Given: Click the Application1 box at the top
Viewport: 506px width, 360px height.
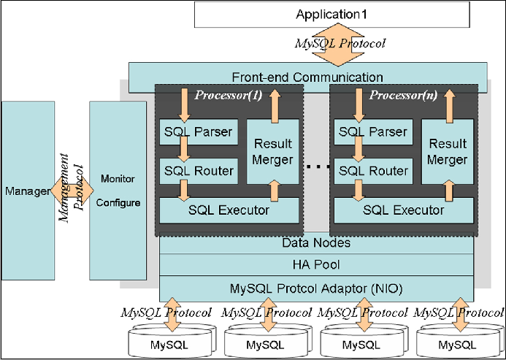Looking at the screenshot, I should (x=332, y=15).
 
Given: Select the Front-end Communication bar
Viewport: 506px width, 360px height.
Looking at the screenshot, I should (x=307, y=77).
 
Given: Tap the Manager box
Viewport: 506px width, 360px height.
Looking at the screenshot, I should (x=28, y=191).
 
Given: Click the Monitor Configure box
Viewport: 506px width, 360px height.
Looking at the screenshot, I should (x=118, y=191).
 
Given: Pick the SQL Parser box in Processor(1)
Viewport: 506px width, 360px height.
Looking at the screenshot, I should (x=196, y=132).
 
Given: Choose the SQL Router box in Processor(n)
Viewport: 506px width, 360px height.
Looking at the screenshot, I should (x=372, y=171).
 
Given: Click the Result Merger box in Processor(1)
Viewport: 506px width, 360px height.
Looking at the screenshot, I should (x=272, y=151).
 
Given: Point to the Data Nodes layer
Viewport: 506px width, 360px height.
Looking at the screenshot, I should (x=316, y=243).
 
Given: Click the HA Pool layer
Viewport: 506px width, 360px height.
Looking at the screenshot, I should (x=316, y=264).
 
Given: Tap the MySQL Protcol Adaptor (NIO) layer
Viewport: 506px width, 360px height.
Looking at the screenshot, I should (x=316, y=287).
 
